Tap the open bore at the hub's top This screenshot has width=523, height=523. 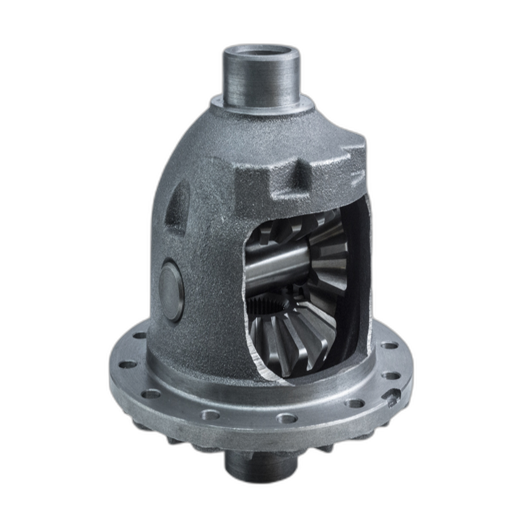click(261, 52)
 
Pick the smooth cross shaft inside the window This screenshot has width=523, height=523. click(277, 264)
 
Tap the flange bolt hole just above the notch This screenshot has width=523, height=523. click(391, 375)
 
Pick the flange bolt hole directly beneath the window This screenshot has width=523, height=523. click(287, 418)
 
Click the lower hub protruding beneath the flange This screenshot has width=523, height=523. click(256, 465)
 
